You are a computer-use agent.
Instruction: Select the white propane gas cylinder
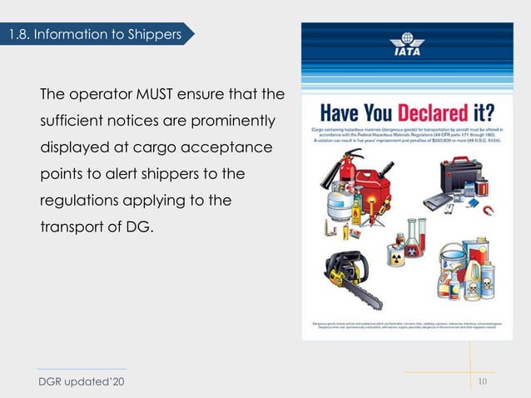tap(328, 208)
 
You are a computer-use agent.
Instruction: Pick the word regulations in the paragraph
tap(79, 201)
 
